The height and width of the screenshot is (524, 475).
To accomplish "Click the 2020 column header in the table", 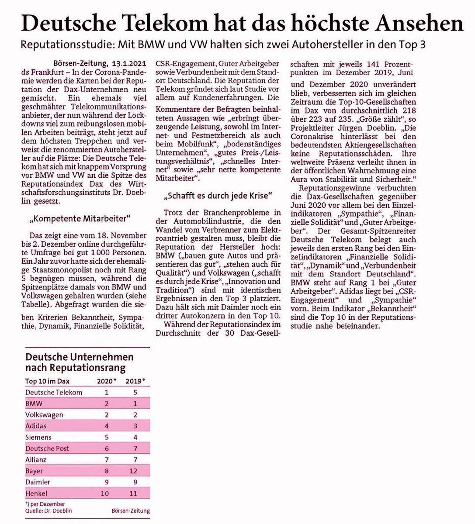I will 106,381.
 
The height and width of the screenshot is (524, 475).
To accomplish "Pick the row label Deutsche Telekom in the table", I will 54,392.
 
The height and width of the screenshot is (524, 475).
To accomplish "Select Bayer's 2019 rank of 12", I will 133,471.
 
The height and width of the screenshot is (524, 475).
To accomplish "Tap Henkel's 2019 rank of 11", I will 133,493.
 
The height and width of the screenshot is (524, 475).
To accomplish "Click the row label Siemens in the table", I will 38,437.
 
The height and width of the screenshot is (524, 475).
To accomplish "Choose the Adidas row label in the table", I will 36,426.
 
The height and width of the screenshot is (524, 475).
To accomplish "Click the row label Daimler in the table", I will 38,482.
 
